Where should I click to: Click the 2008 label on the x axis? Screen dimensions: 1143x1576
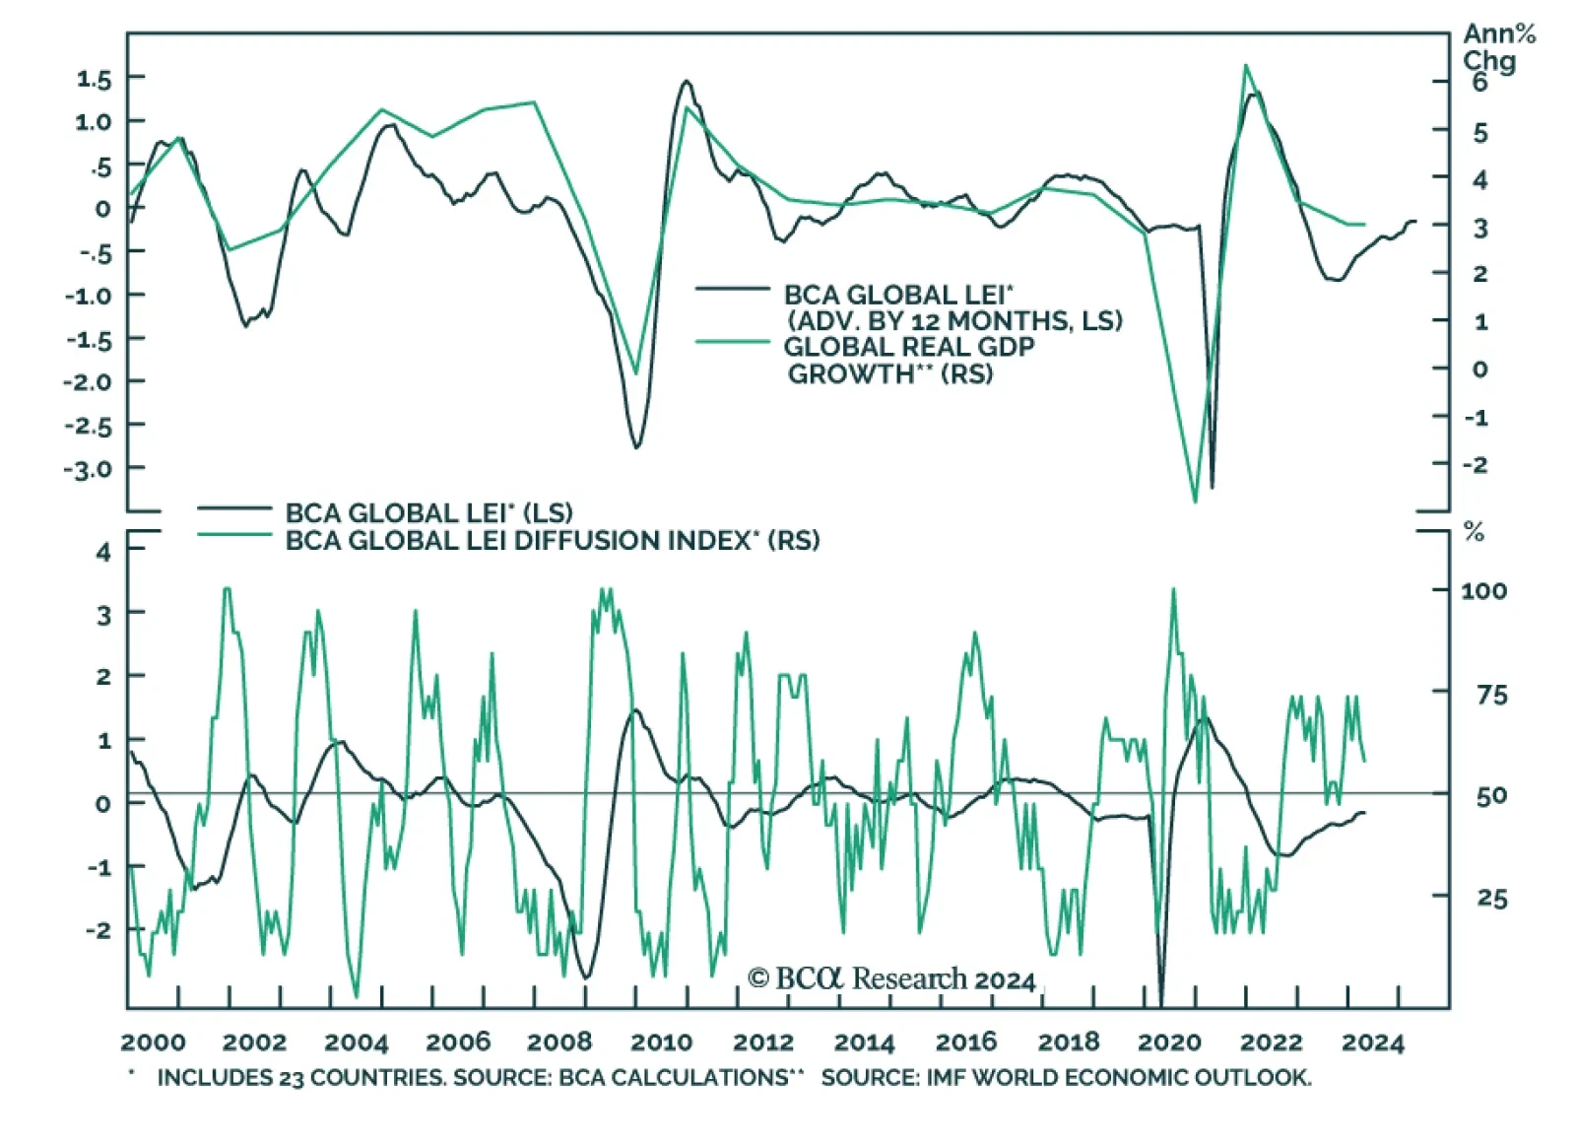coord(559,1042)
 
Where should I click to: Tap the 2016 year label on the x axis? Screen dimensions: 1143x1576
coord(965,1042)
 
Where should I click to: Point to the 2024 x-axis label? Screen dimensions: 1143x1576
coord(1372,1042)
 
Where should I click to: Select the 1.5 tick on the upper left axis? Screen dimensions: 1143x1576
coord(95,79)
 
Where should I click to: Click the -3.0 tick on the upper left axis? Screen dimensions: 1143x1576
coord(89,468)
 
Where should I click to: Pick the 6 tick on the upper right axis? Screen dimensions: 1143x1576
coord(1479,83)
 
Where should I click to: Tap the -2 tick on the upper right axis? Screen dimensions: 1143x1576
coord(1475,464)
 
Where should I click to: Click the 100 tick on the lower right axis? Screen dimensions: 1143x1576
coord(1483,590)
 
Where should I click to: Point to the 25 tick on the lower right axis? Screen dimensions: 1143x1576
coord(1491,898)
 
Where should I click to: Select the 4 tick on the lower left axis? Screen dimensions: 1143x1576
coord(103,552)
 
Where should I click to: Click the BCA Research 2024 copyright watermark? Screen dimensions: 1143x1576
coord(891,978)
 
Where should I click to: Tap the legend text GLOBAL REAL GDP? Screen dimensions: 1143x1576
coord(909,347)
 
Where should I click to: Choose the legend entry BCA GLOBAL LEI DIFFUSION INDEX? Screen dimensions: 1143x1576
coord(552,540)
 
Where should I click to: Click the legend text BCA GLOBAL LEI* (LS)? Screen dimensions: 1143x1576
coord(428,512)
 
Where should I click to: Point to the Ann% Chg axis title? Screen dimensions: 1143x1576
coord(1498,47)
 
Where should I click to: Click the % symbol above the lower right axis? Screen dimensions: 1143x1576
coord(1474,533)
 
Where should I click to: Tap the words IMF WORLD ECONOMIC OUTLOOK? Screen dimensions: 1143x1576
coord(1118,1078)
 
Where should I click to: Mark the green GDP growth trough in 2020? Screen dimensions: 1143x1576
coord(1196,501)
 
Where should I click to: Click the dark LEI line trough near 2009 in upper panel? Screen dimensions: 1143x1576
coord(636,447)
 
